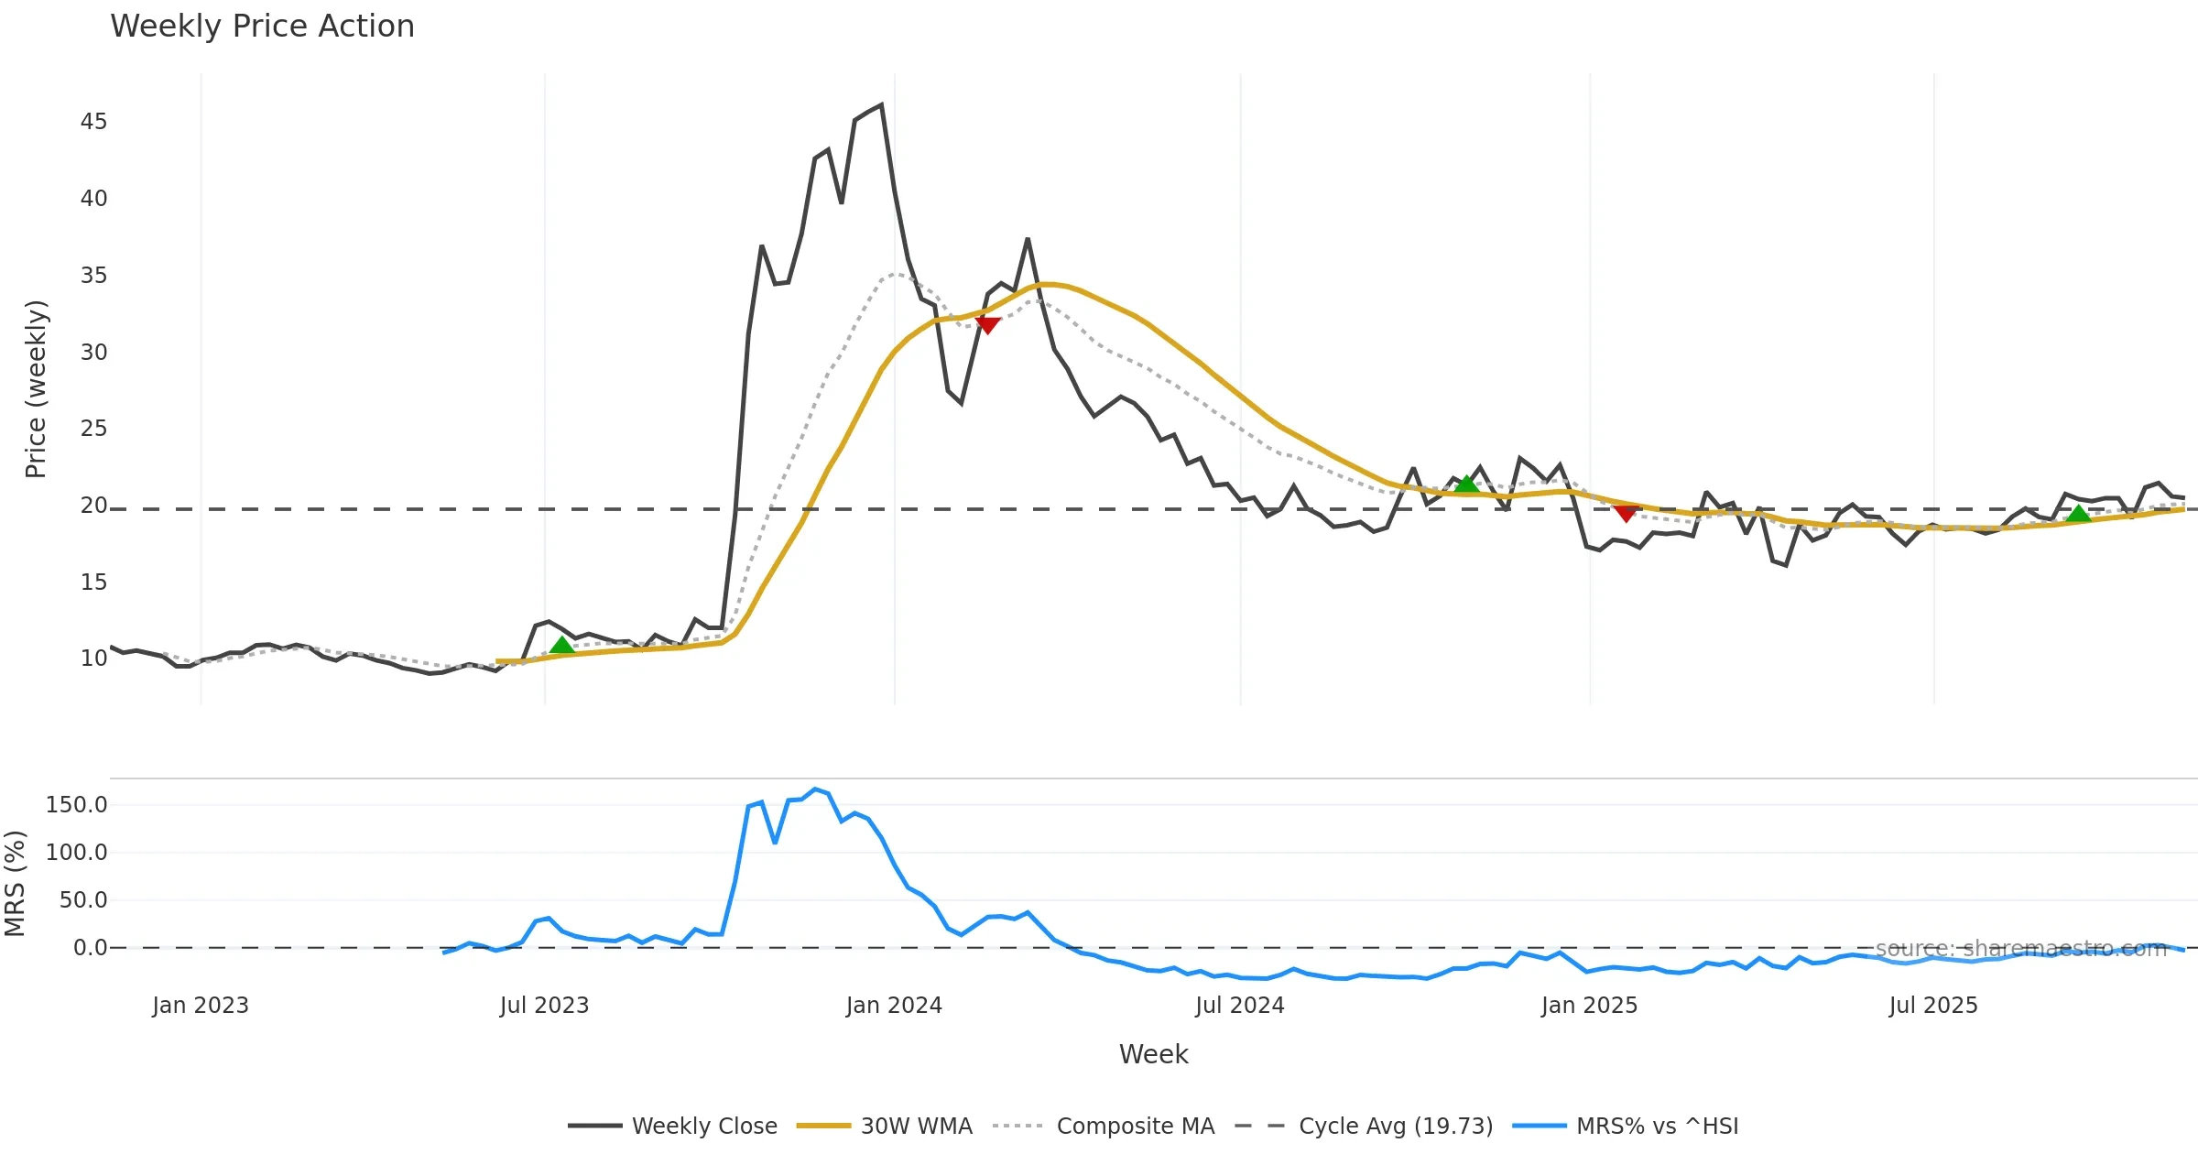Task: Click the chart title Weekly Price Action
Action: [x=262, y=27]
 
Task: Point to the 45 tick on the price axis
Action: [x=93, y=122]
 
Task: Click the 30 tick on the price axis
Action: [x=93, y=353]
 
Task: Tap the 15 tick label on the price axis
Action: [x=93, y=582]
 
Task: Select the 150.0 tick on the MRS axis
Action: [x=77, y=805]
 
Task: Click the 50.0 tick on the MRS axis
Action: [x=83, y=900]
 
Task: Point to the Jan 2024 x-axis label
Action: [x=894, y=1006]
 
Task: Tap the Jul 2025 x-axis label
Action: [x=1933, y=1006]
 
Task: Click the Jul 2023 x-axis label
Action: [x=544, y=1006]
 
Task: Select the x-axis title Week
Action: [x=1153, y=1055]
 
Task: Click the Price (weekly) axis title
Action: [x=36, y=389]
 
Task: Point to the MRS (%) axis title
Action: [x=15, y=884]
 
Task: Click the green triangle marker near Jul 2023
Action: [x=561, y=646]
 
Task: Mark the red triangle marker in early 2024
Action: [x=987, y=325]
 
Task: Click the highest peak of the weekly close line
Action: [x=881, y=105]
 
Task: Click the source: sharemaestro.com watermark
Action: [x=2021, y=949]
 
